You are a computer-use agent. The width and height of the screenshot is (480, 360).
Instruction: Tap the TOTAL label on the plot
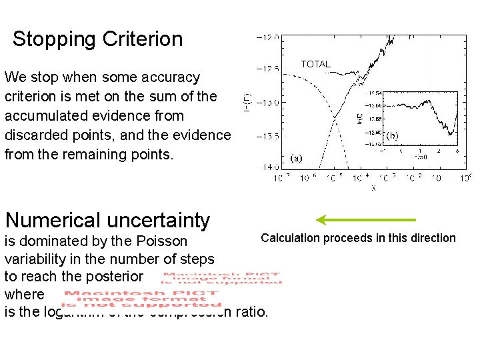pyautogui.click(x=315, y=64)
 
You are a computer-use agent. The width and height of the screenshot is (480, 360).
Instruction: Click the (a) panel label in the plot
pyautogui.click(x=296, y=159)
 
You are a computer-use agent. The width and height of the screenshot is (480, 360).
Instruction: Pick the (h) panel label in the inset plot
pyautogui.click(x=392, y=135)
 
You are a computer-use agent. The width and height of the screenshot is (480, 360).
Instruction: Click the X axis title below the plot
pyautogui.click(x=373, y=188)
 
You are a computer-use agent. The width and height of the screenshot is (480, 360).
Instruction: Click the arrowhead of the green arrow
pyautogui.click(x=321, y=220)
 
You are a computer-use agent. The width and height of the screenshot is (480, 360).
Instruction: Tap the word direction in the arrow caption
pyautogui.click(x=434, y=238)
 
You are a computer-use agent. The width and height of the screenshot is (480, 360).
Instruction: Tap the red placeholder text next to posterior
pyautogui.click(x=221, y=278)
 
